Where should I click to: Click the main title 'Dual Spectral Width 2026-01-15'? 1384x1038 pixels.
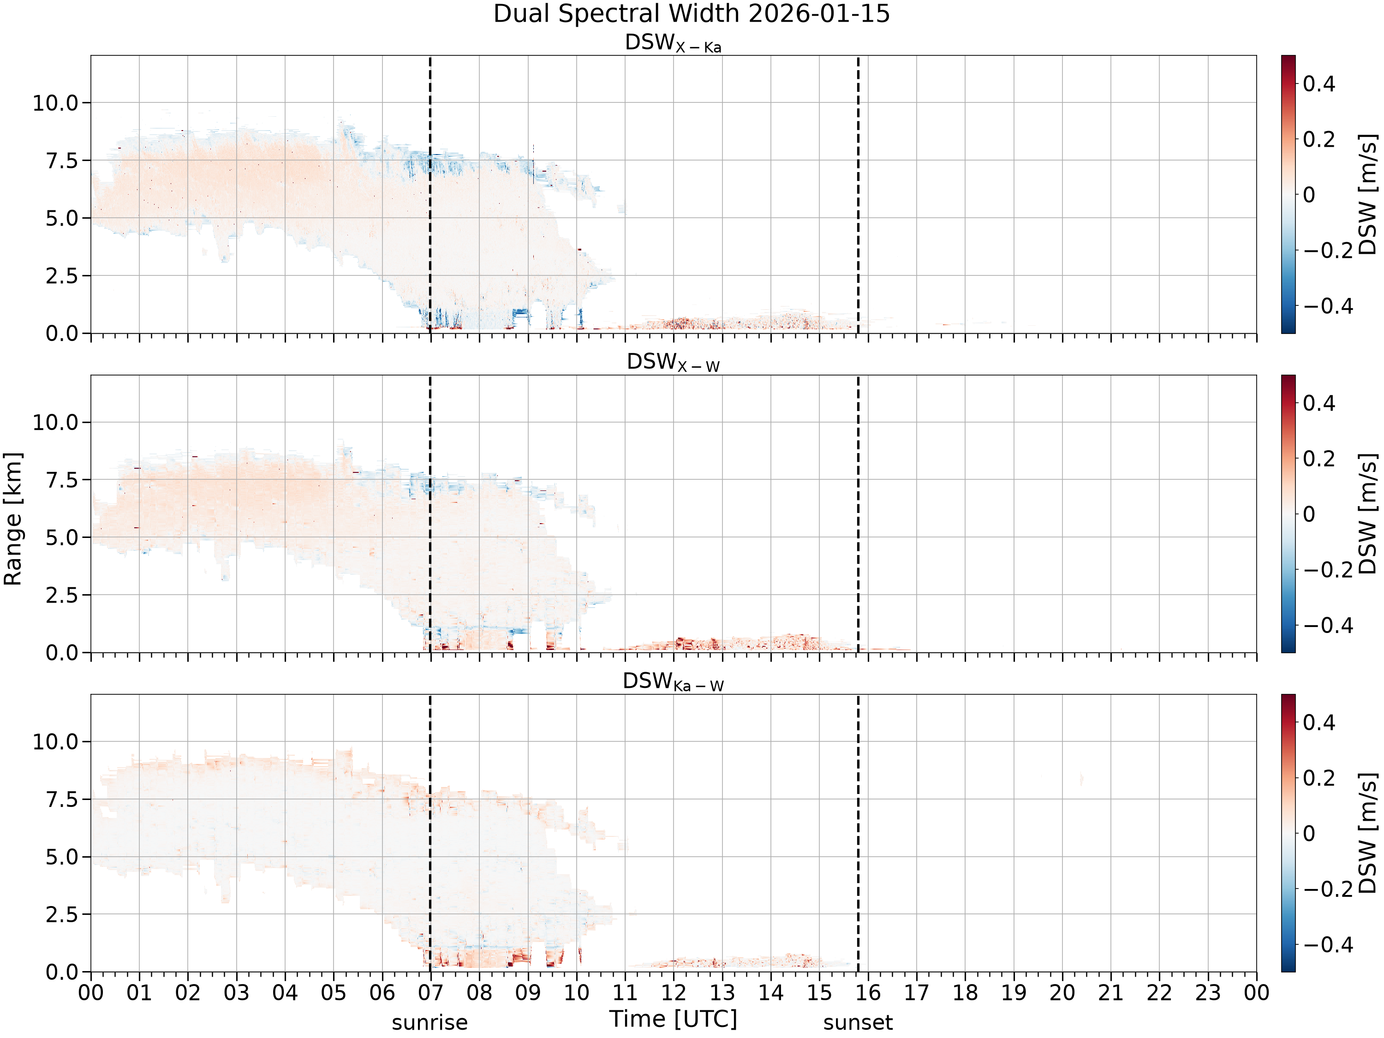[692, 14]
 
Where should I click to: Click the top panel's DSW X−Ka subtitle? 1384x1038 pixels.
[673, 43]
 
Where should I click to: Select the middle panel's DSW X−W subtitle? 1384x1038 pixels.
[673, 362]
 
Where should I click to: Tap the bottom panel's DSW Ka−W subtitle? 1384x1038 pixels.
[673, 681]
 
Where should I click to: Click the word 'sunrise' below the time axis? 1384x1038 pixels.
[430, 1023]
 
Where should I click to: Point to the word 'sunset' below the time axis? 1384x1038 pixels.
[858, 1023]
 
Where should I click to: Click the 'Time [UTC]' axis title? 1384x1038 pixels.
[673, 1019]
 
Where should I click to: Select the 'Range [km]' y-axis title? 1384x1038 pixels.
[12, 519]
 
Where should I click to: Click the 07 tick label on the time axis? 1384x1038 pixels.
[430, 993]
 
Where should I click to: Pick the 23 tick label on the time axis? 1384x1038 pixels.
[1208, 993]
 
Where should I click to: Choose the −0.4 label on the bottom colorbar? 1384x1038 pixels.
[1328, 945]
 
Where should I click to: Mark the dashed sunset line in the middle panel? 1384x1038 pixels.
[858, 513]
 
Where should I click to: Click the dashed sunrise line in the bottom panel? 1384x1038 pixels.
[430, 833]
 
